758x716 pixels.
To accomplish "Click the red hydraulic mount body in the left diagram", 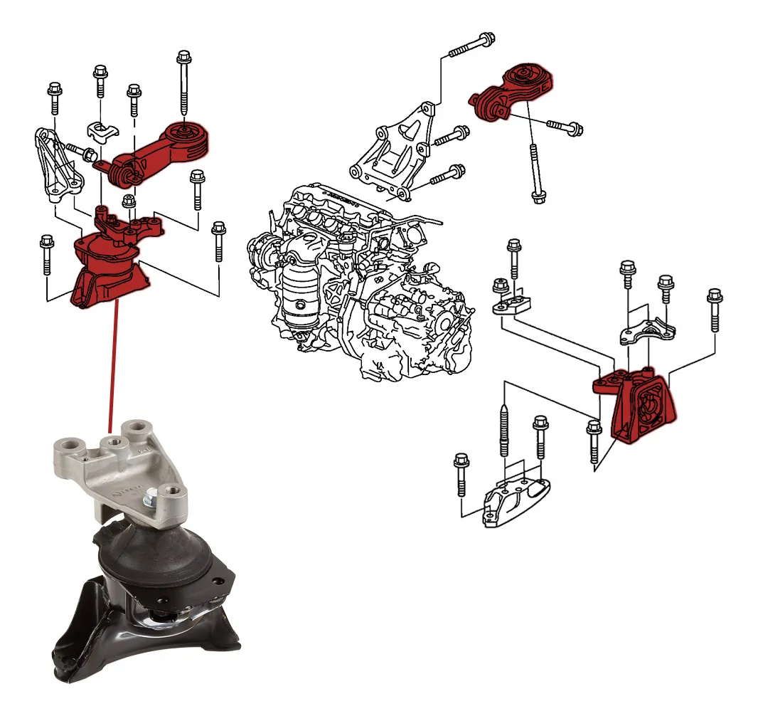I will tap(107, 270).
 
